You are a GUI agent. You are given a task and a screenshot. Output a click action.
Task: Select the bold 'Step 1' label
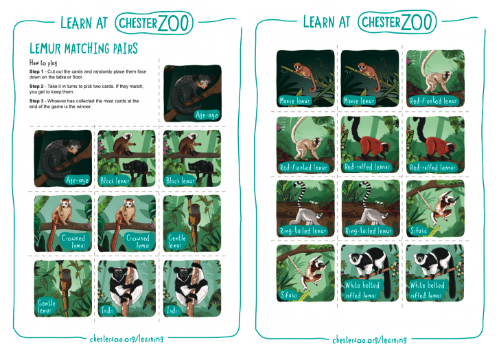coord(37,71)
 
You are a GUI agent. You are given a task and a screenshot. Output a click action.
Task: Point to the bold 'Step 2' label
coord(37,85)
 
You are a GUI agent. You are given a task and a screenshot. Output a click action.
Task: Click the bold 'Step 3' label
coord(37,100)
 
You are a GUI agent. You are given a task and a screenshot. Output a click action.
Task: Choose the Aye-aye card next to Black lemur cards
coord(62,159)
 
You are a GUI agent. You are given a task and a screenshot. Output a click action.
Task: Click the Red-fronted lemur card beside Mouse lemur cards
coord(435,79)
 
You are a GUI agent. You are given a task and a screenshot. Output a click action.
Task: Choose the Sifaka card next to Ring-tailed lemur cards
coord(435,208)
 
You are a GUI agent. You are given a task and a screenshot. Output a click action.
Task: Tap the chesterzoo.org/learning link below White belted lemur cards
coord(370,339)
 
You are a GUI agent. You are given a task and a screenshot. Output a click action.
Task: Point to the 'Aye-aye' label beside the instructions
coord(206,114)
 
